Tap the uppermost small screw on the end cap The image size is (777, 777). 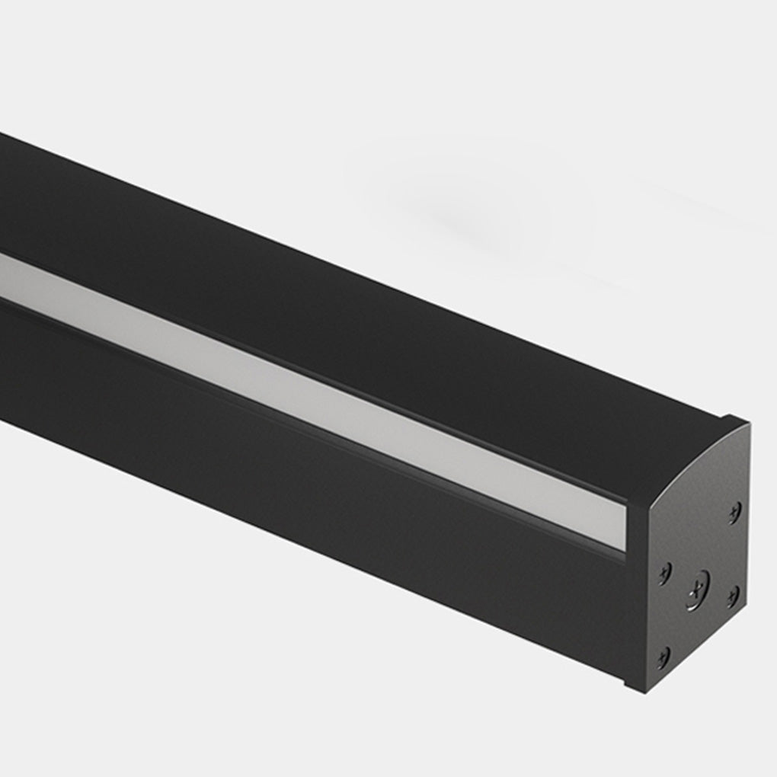point(734,511)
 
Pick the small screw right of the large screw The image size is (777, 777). point(732,596)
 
